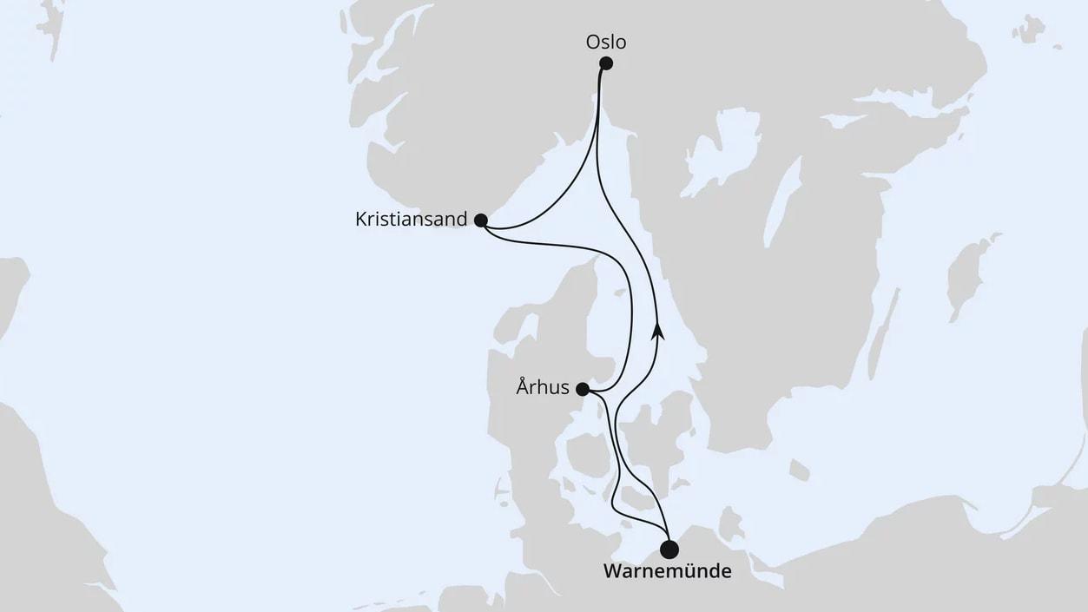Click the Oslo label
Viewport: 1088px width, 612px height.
point(605,42)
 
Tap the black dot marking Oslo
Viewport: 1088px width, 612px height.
point(606,63)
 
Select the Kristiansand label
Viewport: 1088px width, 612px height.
point(411,220)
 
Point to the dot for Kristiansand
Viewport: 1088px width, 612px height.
point(481,220)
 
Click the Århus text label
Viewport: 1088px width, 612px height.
point(543,388)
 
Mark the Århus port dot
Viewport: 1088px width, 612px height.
point(583,390)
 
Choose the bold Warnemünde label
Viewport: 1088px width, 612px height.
point(667,572)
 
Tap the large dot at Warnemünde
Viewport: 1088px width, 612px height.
point(669,549)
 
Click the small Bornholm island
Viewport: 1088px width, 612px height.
point(799,471)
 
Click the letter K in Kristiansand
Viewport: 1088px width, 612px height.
point(361,220)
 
